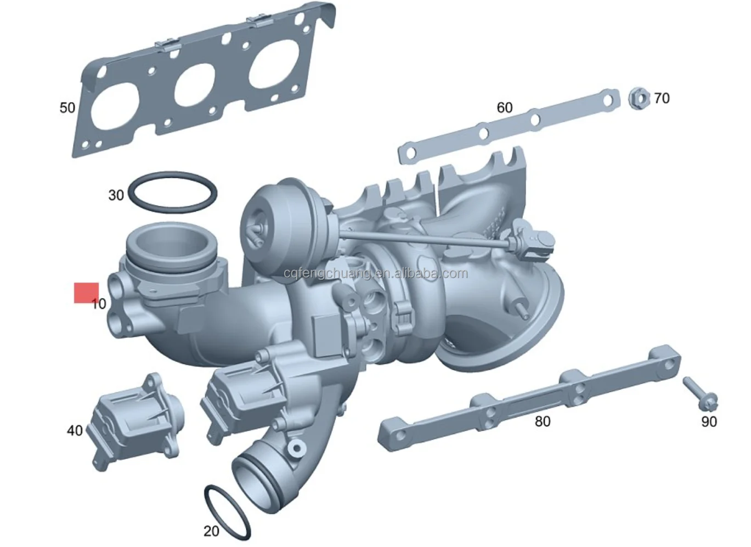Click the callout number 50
(x=67, y=108)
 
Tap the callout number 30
(x=116, y=195)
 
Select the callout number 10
(x=99, y=303)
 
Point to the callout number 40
(x=75, y=431)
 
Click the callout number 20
(x=211, y=531)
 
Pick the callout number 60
(x=504, y=108)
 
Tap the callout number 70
(x=662, y=98)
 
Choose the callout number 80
(x=542, y=421)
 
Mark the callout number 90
(x=709, y=421)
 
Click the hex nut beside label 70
(x=639, y=99)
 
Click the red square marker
(x=86, y=293)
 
